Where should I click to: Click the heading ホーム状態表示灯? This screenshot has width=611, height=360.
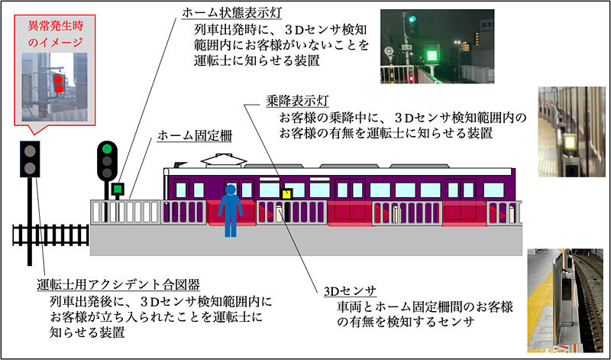click(231, 12)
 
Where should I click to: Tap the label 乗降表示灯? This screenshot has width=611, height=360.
click(297, 102)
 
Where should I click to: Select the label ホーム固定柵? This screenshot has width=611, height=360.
click(195, 136)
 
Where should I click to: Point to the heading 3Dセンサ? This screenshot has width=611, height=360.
click(350, 291)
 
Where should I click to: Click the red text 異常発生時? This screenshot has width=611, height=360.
click(56, 27)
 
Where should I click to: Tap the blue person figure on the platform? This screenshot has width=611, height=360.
click(231, 210)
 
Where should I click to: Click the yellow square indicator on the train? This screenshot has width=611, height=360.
click(287, 194)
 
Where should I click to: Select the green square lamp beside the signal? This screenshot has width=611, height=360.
click(118, 190)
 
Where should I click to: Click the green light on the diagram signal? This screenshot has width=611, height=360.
click(107, 148)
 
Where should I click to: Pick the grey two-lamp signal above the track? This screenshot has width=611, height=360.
click(30, 159)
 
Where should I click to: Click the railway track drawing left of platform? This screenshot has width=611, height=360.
click(50, 235)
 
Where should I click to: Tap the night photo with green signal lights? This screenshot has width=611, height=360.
click(437, 47)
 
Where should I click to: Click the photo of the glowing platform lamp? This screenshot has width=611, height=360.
click(571, 131)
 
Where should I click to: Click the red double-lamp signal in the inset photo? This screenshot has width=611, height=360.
click(59, 84)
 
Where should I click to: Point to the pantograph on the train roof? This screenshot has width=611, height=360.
click(224, 160)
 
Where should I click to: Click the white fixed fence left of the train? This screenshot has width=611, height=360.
click(126, 212)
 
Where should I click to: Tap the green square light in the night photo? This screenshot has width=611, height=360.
click(432, 56)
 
